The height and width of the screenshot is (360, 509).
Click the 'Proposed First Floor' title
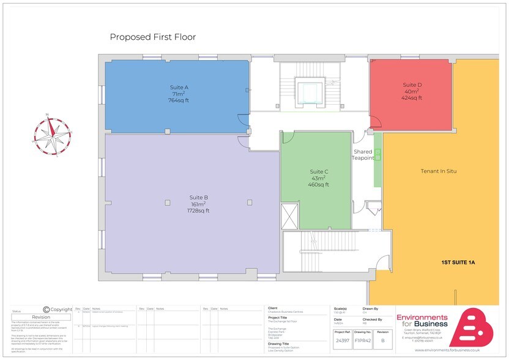152,37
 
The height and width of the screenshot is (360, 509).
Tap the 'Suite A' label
179,88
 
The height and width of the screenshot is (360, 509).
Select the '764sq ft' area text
179,100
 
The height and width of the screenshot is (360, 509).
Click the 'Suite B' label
199,197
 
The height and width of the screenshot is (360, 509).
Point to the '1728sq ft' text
199,211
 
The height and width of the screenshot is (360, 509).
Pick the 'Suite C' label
319,171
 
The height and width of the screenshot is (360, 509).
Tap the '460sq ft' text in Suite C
319,184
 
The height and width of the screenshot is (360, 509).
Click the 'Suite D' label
412,84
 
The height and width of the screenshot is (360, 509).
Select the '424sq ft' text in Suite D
412,98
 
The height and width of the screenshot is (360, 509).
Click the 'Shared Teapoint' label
363,155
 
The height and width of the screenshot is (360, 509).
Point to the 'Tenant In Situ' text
439,171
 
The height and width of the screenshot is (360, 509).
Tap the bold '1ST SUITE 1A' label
458,263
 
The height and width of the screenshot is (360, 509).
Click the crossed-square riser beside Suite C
289,216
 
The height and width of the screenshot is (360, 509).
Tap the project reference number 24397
343,340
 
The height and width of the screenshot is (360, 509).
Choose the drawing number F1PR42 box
363,340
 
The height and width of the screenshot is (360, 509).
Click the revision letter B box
383,340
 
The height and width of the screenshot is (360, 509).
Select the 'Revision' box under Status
41,317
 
